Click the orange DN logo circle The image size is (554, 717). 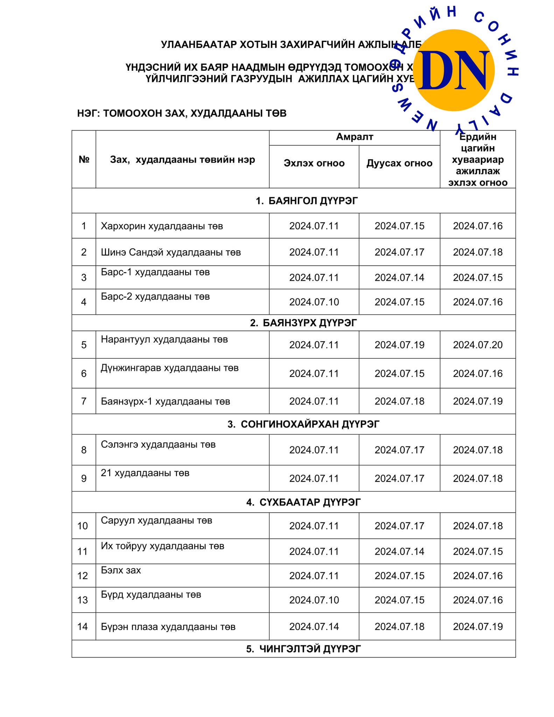[454, 70]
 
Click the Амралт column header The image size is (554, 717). [354, 137]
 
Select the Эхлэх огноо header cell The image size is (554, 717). [314, 163]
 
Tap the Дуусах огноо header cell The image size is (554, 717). [399, 163]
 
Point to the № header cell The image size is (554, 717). [84, 159]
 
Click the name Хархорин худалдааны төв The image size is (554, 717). [162, 226]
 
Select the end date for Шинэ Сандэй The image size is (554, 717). [399, 252]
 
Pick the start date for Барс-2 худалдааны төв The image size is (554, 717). [314, 302]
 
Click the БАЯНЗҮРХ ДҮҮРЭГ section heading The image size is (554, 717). [303, 323]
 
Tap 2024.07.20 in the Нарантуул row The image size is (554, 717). [478, 345]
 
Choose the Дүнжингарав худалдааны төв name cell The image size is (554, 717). [170, 368]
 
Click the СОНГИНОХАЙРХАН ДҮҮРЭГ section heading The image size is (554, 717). [303, 424]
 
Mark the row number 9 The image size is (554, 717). [84, 478]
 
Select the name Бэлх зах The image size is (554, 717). [121, 570]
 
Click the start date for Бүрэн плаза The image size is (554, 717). [314, 626]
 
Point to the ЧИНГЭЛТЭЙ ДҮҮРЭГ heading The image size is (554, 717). [303, 649]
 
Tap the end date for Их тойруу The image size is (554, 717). [399, 551]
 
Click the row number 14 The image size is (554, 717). [83, 626]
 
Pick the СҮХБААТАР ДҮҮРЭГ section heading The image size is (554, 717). [303, 502]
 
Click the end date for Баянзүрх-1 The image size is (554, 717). [399, 401]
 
